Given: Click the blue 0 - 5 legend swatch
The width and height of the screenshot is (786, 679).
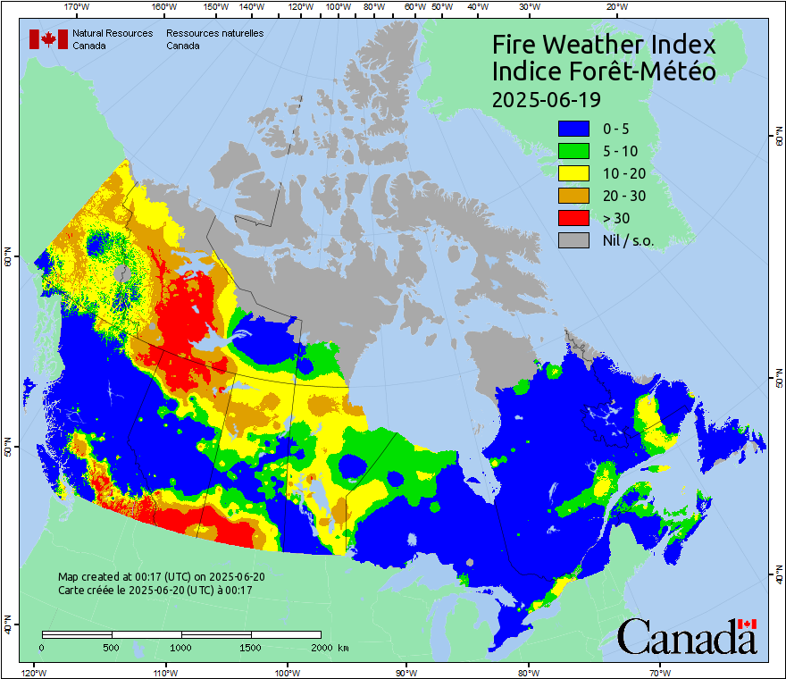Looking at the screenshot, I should click(574, 129).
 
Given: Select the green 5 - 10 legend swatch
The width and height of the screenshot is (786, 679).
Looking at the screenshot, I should click(574, 151).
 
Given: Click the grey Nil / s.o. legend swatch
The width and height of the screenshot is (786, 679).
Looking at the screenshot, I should click(574, 240).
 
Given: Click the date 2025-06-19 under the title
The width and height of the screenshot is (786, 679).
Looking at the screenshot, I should click(546, 98).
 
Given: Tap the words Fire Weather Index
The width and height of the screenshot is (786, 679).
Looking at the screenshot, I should click(604, 45).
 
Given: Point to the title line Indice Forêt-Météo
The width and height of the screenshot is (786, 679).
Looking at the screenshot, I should click(604, 71).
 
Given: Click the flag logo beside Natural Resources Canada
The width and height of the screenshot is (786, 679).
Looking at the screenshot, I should click(48, 39).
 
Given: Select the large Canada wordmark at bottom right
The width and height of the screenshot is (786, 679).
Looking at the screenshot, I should click(687, 636).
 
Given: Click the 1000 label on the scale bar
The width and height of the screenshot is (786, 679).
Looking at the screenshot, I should click(181, 647).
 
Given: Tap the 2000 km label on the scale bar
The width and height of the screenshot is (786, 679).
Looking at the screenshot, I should click(330, 647).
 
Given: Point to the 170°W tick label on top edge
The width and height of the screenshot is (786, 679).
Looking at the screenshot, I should click(78, 7).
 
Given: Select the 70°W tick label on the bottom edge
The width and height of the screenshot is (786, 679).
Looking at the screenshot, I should click(659, 672).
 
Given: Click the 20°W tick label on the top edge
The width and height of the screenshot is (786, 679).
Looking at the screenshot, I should click(615, 7).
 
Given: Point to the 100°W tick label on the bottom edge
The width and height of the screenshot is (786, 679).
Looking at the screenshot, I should click(287, 672).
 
